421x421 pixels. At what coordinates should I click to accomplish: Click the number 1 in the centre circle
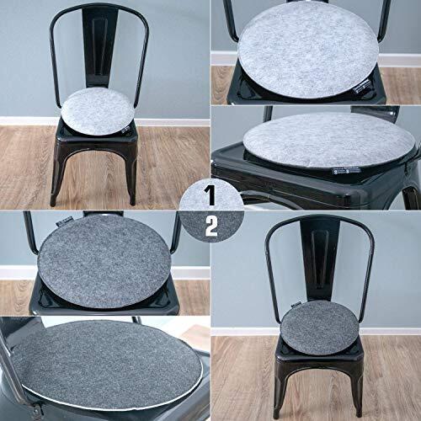pyautogui.click(x=210, y=196)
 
